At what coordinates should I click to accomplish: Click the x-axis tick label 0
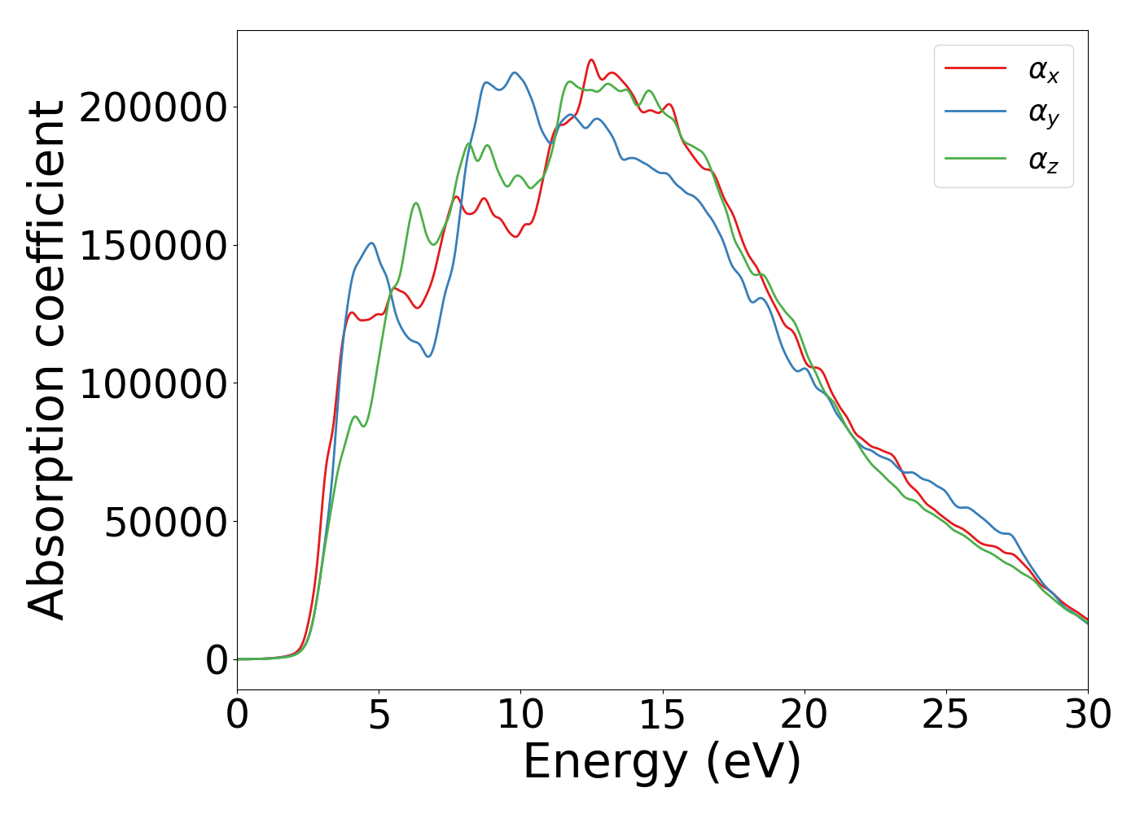[x=237, y=716]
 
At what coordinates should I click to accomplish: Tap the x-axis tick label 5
[x=379, y=716]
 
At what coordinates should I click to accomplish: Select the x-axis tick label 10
[x=520, y=716]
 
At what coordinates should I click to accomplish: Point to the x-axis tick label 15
[x=662, y=716]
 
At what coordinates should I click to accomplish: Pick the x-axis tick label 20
[x=804, y=716]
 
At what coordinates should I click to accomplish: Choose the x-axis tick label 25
[x=945, y=716]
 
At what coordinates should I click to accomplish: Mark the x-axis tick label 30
[x=1087, y=716]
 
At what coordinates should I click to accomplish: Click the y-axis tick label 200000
[x=153, y=107]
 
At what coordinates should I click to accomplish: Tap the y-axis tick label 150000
[x=153, y=246]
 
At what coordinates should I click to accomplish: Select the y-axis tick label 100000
[x=153, y=383]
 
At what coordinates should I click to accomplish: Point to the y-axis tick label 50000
[x=165, y=522]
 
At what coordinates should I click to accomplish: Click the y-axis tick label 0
[x=217, y=660]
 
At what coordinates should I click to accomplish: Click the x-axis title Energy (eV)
[x=662, y=763]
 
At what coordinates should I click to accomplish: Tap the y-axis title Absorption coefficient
[x=47, y=360]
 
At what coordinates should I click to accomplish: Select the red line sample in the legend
[x=975, y=68]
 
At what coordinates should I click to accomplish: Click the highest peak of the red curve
[x=591, y=59]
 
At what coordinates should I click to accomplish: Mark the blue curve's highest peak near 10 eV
[x=515, y=72]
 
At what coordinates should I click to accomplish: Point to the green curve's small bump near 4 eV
[x=355, y=417]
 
